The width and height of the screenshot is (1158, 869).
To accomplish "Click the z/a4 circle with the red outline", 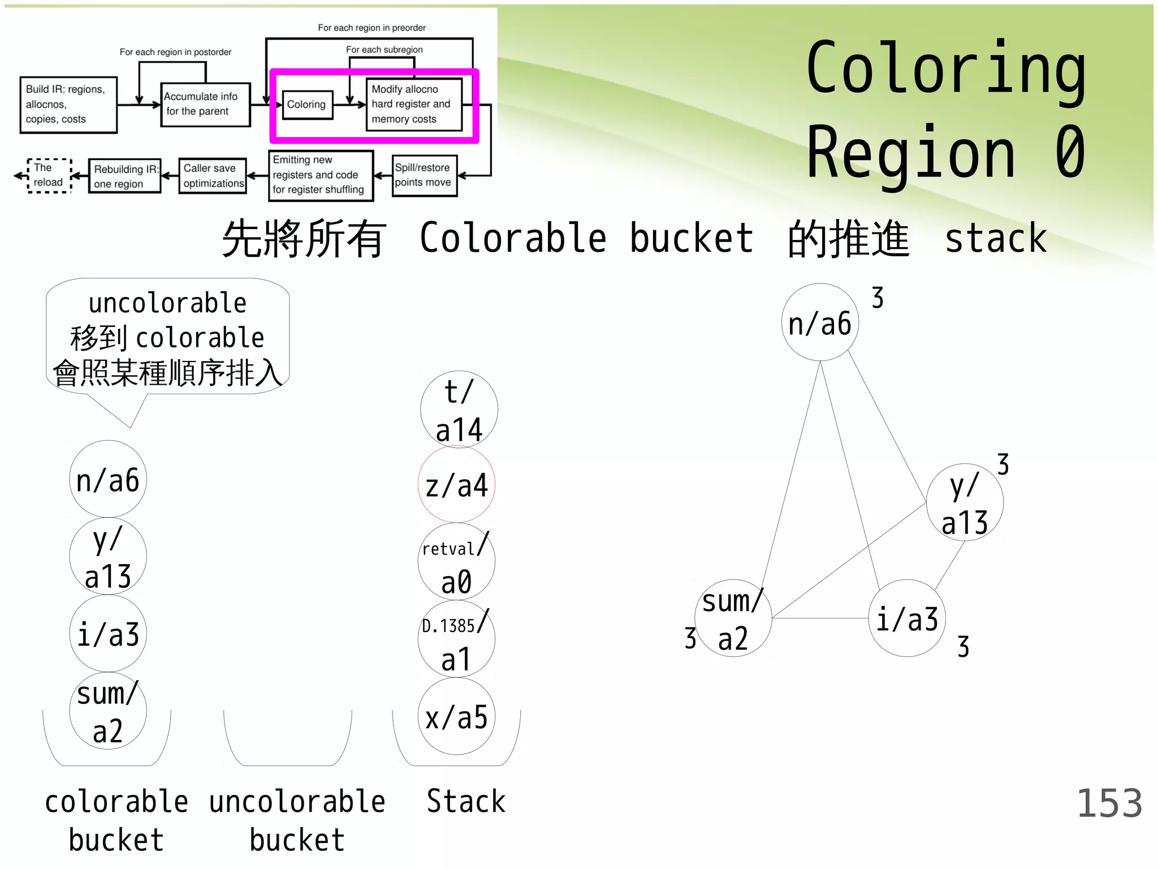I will click(x=456, y=485).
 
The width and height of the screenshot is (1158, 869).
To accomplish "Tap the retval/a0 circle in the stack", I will click(x=456, y=562).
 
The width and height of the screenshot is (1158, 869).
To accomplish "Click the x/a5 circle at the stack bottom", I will click(x=456, y=716).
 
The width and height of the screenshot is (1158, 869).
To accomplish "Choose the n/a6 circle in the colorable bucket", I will click(x=107, y=479).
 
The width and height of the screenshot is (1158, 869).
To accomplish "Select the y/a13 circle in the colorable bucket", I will click(x=107, y=557).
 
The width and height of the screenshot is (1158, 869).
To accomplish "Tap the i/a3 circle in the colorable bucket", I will click(x=107, y=634).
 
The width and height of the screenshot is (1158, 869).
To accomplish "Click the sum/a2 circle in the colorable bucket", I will click(x=107, y=711).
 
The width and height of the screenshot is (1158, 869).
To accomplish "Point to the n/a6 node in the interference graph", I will click(x=820, y=322).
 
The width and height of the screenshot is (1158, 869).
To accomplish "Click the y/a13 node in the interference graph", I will click(x=965, y=502).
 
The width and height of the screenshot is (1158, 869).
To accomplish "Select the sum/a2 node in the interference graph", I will click(x=733, y=618).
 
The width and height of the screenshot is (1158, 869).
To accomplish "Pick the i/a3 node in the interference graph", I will click(x=907, y=618).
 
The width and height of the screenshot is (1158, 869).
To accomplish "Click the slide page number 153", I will click(x=1109, y=803).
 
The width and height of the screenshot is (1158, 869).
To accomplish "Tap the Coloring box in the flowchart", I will click(x=307, y=105).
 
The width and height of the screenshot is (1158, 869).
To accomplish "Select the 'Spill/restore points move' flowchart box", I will click(x=424, y=175).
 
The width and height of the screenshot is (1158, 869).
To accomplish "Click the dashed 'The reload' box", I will click(x=49, y=175).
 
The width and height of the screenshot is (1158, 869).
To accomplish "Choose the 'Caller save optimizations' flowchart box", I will click(x=213, y=176).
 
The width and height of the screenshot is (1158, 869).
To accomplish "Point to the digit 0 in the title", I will click(x=1070, y=153).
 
